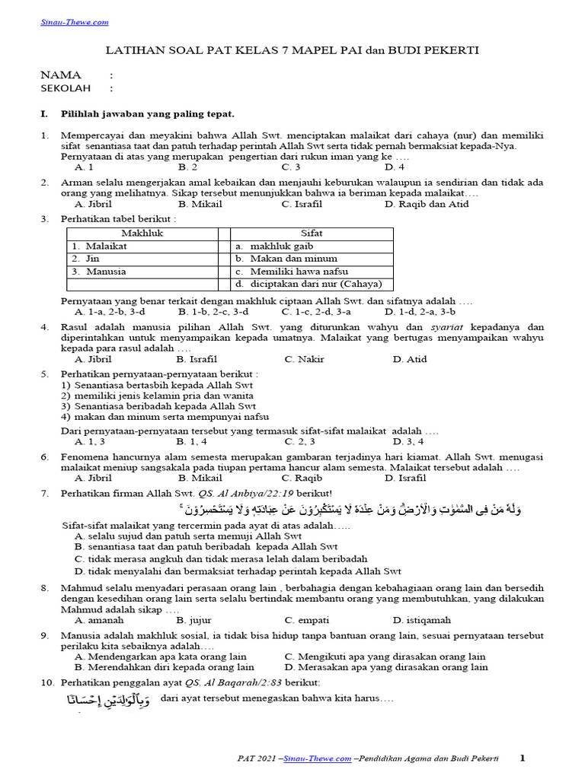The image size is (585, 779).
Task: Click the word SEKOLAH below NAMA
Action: click(66, 88)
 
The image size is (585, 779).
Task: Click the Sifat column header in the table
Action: click(312, 234)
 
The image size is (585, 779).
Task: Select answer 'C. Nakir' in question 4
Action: click(304, 359)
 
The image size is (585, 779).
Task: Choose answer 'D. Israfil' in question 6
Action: click(405, 478)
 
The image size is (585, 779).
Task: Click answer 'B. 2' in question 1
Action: click(187, 167)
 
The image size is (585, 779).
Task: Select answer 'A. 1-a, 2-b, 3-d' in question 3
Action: click(110, 311)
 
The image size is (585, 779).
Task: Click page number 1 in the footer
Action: click(523, 758)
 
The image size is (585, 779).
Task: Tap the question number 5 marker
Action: click(44, 374)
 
